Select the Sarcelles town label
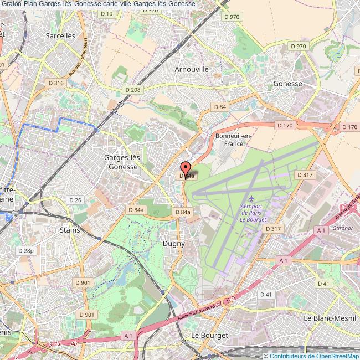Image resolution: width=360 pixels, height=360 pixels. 60,35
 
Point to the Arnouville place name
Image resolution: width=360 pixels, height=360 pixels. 191,69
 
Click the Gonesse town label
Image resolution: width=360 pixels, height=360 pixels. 287,84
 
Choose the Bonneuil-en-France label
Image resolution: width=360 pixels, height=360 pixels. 233,139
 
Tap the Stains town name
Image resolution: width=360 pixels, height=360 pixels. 69,230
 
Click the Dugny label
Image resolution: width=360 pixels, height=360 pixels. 173,243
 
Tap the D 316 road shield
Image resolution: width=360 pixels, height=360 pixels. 56,83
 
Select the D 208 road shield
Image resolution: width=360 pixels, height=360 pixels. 133,89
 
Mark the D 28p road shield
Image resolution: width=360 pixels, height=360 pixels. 25,250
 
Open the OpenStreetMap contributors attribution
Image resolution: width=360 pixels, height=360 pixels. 311,356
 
